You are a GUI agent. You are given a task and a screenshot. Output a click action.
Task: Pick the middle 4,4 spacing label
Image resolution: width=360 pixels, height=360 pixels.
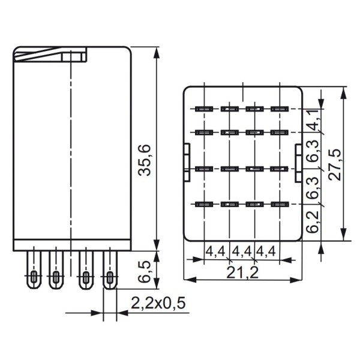(x=242, y=250)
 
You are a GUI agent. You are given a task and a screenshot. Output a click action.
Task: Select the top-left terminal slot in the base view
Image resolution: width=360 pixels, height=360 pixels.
(x=202, y=109)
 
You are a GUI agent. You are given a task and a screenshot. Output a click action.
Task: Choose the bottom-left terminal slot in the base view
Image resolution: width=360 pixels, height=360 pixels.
(x=202, y=205)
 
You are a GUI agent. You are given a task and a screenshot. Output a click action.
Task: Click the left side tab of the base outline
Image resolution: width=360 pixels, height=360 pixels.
(x=187, y=161)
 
